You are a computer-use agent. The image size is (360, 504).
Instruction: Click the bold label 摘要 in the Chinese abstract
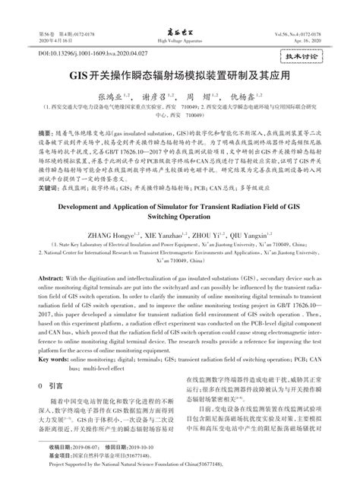(45, 132)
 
